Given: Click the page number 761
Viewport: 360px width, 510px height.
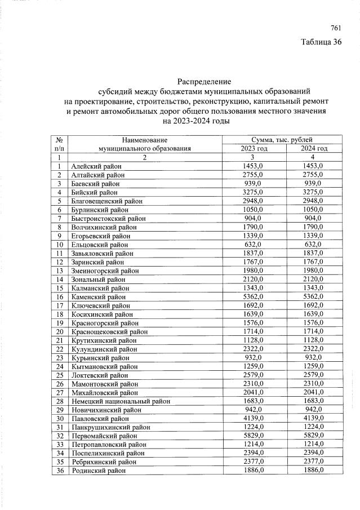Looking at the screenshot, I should click(x=336, y=28).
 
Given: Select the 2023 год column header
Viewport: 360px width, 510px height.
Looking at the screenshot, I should click(x=254, y=148).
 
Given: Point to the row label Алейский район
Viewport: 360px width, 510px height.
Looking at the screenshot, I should click(x=96, y=166).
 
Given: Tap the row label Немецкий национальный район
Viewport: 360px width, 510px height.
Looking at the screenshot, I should click(x=121, y=401).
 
